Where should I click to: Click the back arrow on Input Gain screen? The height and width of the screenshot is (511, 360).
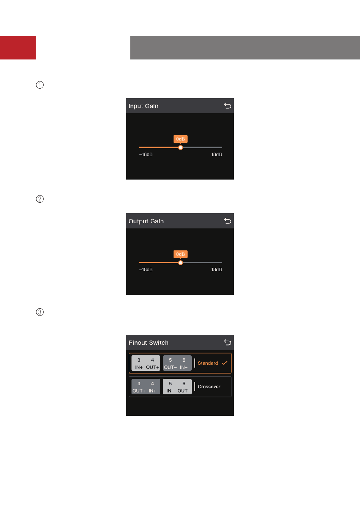click(228, 106)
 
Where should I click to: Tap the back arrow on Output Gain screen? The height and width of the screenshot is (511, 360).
click(228, 221)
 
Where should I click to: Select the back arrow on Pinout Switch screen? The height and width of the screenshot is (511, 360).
click(228, 342)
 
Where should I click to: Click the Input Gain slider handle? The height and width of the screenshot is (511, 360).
click(181, 148)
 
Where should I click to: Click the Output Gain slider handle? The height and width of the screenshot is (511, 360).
click(181, 263)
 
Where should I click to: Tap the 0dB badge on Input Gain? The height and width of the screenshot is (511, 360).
click(181, 139)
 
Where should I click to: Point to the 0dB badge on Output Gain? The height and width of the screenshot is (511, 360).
click(181, 254)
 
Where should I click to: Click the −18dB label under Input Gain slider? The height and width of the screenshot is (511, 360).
click(146, 155)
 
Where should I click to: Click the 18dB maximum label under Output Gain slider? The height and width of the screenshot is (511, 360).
click(216, 270)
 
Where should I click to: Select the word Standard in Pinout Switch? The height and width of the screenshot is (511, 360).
click(208, 363)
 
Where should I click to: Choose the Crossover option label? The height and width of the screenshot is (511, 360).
click(209, 387)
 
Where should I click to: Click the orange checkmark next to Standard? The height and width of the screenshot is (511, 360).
click(225, 363)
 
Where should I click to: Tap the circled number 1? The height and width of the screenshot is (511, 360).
click(40, 85)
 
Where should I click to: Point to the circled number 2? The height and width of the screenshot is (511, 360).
click(40, 199)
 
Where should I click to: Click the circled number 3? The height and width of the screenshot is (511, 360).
click(40, 312)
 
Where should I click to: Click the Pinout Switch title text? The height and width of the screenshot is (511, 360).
click(149, 343)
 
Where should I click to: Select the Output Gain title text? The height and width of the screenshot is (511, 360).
click(146, 221)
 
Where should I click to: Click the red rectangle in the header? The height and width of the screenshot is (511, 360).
click(18, 48)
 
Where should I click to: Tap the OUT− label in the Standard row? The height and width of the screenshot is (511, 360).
click(170, 367)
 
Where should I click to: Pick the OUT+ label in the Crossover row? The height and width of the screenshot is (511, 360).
click(139, 391)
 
